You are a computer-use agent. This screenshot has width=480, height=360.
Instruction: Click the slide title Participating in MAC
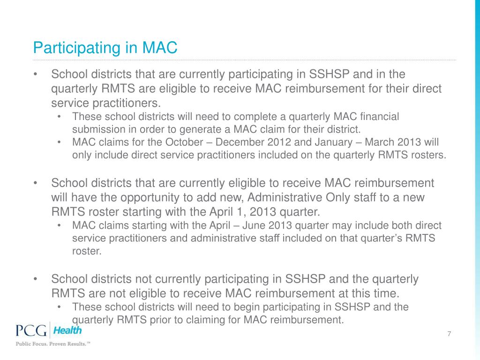pos(105,47)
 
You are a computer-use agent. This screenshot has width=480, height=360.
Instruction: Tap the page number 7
pos(449,334)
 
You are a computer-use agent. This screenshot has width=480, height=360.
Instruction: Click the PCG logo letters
pos(31,331)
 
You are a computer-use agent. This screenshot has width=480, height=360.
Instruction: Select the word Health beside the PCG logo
pos(67,330)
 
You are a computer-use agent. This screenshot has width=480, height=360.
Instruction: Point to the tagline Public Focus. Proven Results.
pos(53,344)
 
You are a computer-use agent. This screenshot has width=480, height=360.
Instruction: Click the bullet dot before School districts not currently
pos(35,280)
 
